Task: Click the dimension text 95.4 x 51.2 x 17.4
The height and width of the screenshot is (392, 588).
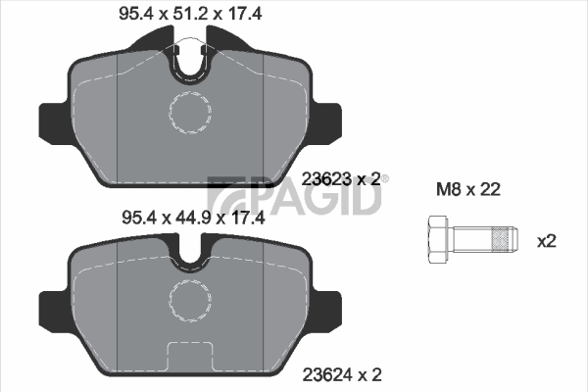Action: coord(190,14)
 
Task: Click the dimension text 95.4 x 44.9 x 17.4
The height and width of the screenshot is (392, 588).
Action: coord(193,218)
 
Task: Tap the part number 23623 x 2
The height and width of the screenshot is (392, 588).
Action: coord(341,179)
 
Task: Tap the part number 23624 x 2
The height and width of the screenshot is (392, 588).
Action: coord(342,374)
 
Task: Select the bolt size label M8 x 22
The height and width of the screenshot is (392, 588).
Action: coord(468,189)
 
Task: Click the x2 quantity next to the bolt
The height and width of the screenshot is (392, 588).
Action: coord(547,241)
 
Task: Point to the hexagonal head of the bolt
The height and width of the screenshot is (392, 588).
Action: coord(438,239)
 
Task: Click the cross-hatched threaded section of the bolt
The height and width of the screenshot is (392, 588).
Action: coord(502,239)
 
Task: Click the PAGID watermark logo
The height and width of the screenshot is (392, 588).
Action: coord(294,195)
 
